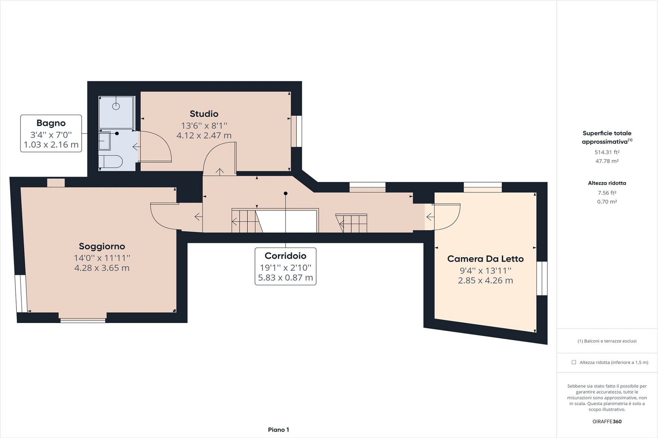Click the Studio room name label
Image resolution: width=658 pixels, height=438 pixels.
[204, 114]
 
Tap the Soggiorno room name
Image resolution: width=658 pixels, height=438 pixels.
[102, 246]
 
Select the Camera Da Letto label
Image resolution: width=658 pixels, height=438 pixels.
[485, 259]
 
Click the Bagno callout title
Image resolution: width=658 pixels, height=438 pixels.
[51, 123]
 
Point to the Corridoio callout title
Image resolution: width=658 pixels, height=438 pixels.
[285, 256]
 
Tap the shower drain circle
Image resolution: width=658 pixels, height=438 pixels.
[116, 106]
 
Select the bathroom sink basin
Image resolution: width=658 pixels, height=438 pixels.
[105, 141]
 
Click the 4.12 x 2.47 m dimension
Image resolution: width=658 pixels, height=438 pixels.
[204, 136]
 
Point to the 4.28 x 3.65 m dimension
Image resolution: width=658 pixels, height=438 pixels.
[102, 268]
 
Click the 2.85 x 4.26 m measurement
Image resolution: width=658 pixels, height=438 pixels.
[485, 281]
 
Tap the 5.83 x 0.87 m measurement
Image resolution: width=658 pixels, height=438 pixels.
[285, 278]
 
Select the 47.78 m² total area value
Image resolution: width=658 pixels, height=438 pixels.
[607, 161]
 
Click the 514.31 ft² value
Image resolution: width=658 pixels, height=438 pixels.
[607, 152]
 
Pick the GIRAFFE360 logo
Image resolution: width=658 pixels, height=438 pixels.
[607, 422]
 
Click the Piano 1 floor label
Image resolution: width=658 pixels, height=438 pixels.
[278, 430]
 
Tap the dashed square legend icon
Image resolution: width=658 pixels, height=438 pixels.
[574, 362]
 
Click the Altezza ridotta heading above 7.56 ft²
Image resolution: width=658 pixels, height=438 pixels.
[607, 183]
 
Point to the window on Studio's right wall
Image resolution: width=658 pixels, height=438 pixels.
[296, 131]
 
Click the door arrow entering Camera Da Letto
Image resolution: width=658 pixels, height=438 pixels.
[430, 217]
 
